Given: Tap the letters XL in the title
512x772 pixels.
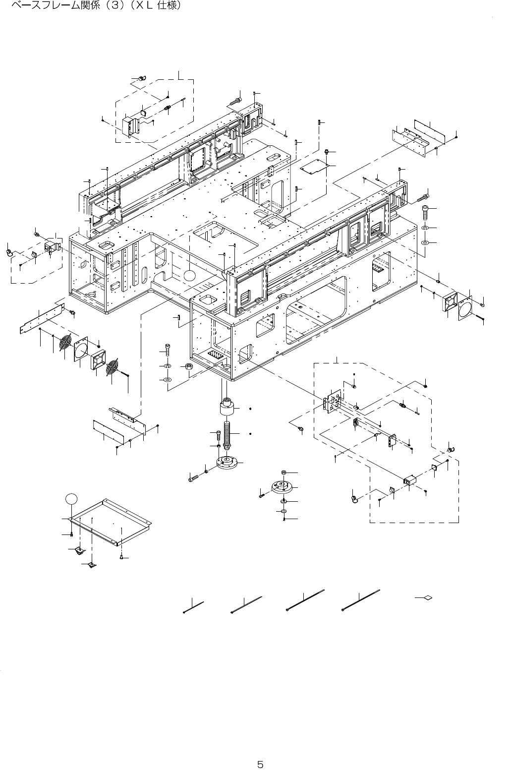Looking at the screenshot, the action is coord(143,6).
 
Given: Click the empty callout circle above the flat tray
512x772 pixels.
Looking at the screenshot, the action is coord(71,497).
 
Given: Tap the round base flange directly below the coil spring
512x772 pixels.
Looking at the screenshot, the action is coord(228,464).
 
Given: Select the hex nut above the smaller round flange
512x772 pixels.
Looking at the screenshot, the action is coord(283,473).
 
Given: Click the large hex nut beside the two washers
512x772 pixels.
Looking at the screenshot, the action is coord(188,367).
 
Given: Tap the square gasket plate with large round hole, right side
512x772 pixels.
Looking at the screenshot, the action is coord(466,309).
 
